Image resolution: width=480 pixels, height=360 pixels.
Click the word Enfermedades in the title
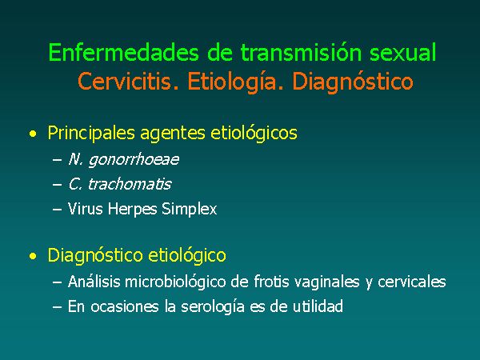[123, 52]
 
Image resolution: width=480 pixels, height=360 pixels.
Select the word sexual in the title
[403, 52]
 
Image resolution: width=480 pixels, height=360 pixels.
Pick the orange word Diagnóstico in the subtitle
[353, 82]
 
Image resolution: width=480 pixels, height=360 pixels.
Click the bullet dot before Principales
[33, 134]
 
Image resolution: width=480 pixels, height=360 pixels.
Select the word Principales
[91, 134]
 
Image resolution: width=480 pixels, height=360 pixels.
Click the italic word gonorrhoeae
[134, 160]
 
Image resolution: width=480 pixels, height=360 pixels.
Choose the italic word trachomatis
[130, 184]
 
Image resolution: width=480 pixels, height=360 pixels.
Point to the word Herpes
[133, 210]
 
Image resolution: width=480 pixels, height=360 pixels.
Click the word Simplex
[189, 210]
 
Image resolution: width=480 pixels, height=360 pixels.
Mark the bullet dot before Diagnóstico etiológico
[33, 256]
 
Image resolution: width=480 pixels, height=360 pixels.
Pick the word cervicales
[412, 282]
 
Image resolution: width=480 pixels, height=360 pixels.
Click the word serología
[213, 307]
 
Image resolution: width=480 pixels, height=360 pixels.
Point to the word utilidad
[318, 306]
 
